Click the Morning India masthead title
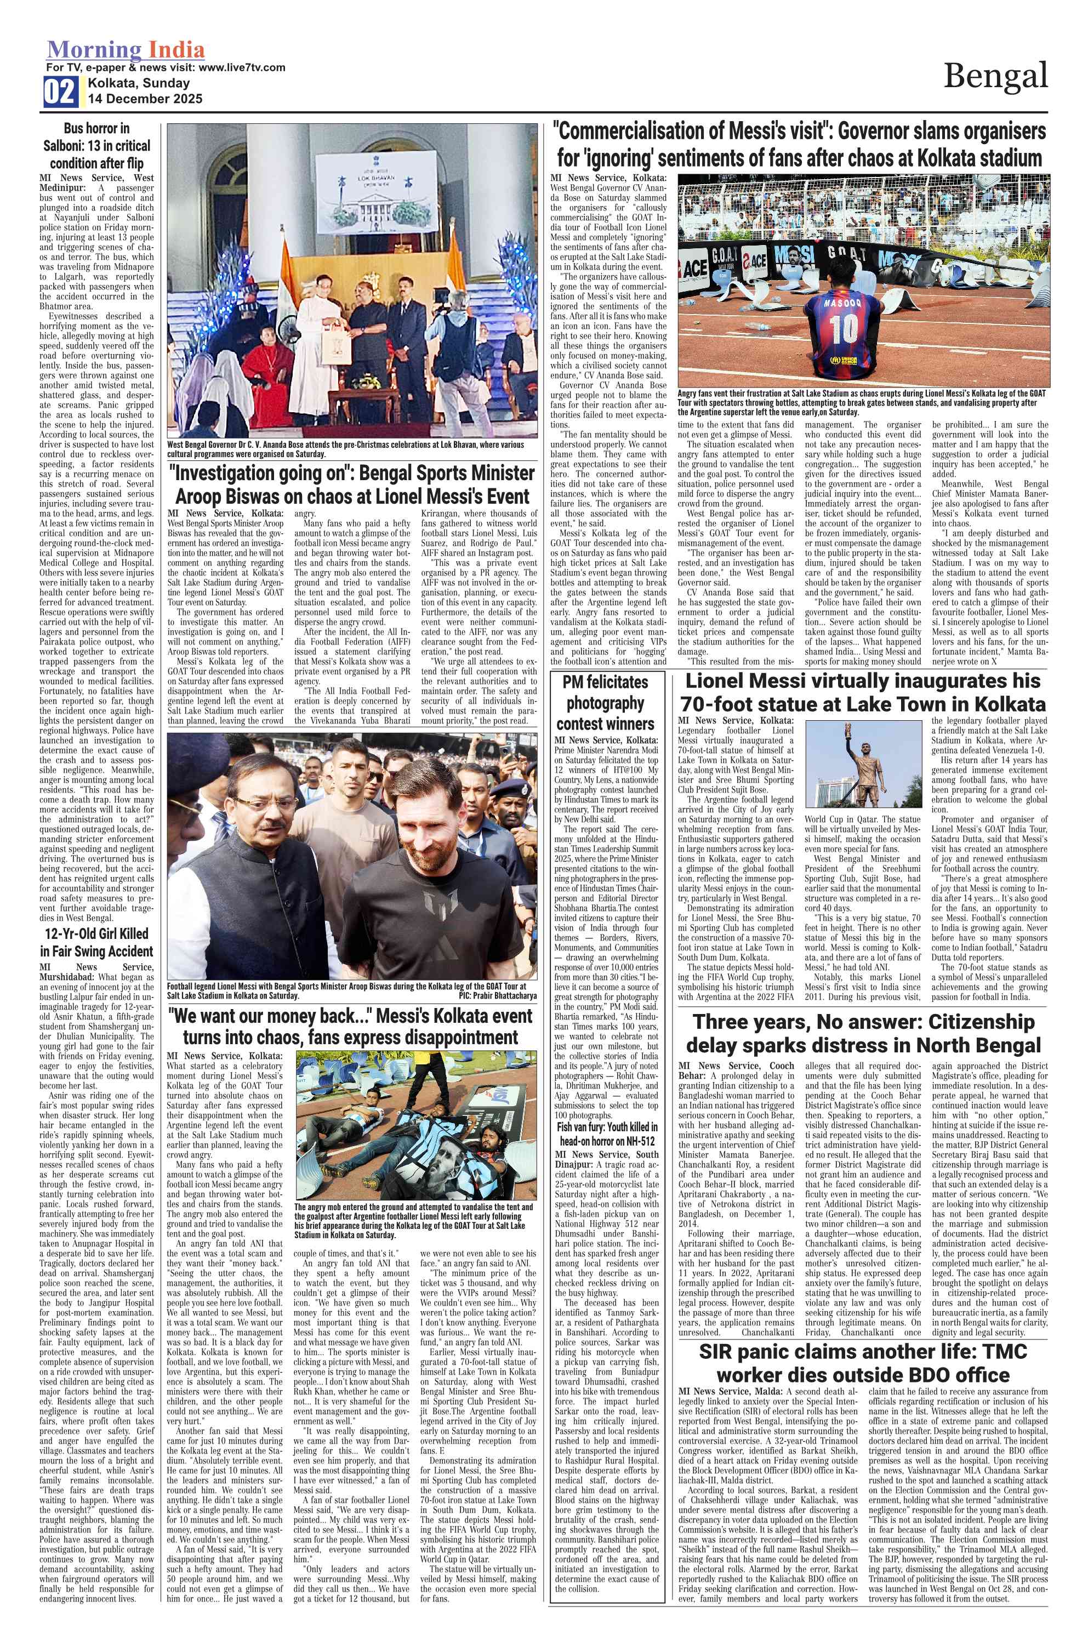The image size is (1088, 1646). tap(126, 50)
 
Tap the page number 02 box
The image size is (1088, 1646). tap(60, 92)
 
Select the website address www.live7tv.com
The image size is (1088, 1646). tap(242, 67)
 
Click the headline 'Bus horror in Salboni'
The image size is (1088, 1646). tap(96, 146)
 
